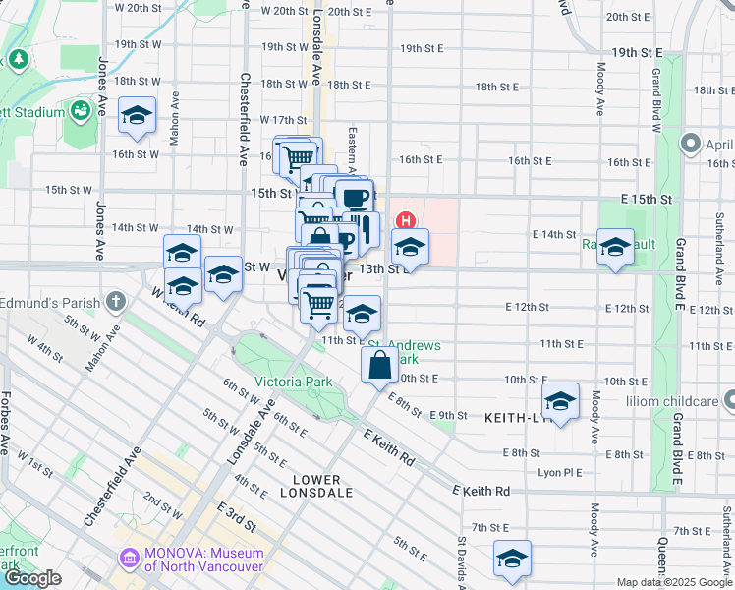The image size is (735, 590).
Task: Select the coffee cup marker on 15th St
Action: coord(355,197)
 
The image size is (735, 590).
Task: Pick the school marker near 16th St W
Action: coord(137,116)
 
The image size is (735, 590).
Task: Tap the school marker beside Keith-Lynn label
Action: coord(560,401)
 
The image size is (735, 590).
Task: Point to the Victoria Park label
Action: coord(293,382)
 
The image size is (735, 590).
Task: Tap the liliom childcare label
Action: coord(671,402)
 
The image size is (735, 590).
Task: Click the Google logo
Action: coord(32,578)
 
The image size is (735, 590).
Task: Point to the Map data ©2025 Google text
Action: coord(674,582)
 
